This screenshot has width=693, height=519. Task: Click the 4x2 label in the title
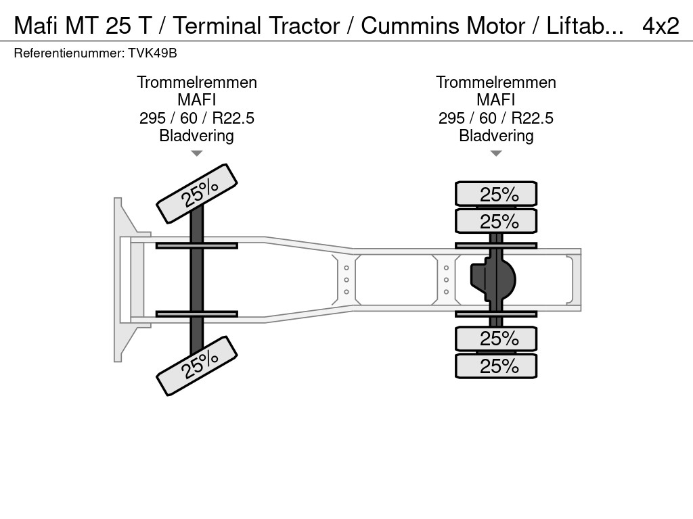(x=660, y=26)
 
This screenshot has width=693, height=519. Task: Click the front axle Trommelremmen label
(x=197, y=82)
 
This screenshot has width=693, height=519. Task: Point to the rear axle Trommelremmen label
(x=496, y=82)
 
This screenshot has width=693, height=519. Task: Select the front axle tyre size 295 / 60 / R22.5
(x=197, y=118)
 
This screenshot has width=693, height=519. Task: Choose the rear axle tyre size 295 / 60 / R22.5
(x=496, y=118)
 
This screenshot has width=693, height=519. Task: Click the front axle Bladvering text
(x=197, y=136)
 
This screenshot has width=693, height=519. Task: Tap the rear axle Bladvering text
(x=496, y=136)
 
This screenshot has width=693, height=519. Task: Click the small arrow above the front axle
(x=197, y=153)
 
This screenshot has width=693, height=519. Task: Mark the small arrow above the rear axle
(x=496, y=153)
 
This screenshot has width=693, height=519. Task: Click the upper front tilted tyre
(x=197, y=193)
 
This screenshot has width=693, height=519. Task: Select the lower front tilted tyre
(x=197, y=366)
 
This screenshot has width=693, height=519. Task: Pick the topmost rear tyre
(x=496, y=194)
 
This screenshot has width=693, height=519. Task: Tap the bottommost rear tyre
(x=496, y=366)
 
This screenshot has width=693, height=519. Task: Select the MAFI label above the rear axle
(x=496, y=100)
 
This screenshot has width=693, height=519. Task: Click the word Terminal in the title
(x=221, y=26)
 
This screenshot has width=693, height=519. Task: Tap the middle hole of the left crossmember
(x=346, y=279)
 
